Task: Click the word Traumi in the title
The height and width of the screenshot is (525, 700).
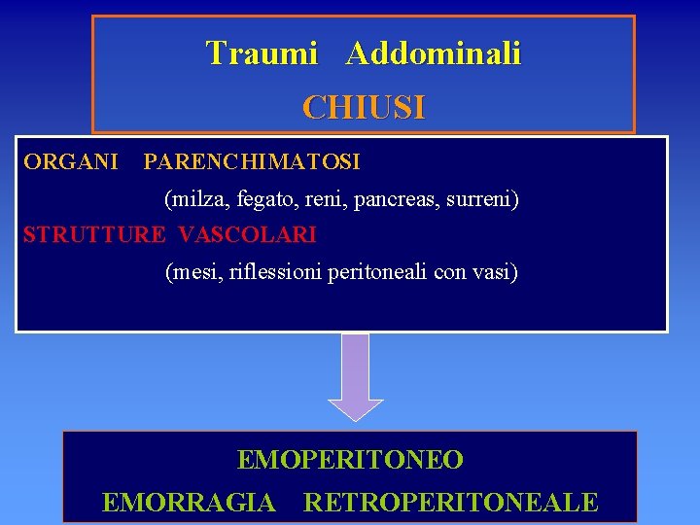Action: point(262,53)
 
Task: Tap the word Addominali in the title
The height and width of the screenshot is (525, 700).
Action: point(433,53)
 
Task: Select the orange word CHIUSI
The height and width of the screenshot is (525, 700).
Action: point(364,107)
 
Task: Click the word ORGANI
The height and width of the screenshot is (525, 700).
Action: point(71,160)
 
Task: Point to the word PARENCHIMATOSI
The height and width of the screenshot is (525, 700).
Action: point(252,160)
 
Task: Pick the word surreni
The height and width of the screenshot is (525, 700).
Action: point(483,200)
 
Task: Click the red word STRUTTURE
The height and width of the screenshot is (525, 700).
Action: point(94,235)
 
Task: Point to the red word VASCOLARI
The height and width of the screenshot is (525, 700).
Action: point(248,235)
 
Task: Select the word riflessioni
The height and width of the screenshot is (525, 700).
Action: point(275,272)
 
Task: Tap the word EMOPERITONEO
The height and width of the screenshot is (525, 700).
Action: point(350,460)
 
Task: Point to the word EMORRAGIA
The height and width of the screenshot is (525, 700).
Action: point(189,503)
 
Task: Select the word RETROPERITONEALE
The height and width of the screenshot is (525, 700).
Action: point(451,503)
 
